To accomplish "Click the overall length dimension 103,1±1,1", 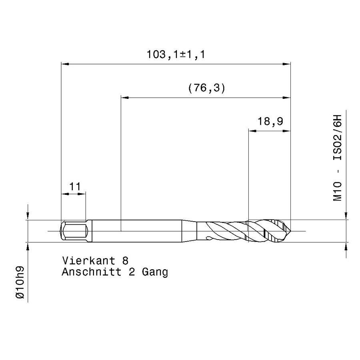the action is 176,55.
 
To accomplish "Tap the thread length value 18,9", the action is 270,121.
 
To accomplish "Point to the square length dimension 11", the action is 75,187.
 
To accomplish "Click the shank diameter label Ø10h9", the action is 20,282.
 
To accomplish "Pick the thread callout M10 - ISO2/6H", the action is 337,158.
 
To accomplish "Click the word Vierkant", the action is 89,260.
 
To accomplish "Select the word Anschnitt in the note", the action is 92,272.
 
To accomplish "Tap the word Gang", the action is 155,272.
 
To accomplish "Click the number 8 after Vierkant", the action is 125,261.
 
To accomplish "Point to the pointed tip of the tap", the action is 291,231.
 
